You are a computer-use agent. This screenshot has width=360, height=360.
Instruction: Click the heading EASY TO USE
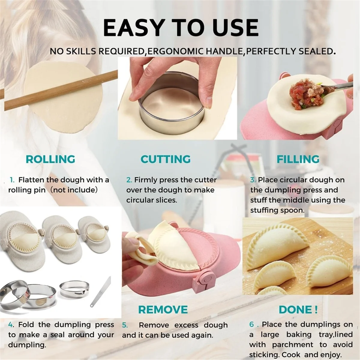pyautogui.click(x=180, y=28)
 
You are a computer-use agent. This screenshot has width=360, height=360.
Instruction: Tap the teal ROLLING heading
pyautogui.click(x=50, y=159)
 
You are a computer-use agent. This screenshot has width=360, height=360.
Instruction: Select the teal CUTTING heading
pyautogui.click(x=166, y=159)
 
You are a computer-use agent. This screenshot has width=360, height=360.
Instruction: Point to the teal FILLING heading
pyautogui.click(x=298, y=159)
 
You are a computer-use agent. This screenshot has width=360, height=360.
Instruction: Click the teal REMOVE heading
pyautogui.click(x=163, y=309)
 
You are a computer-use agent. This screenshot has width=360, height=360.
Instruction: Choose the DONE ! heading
pyautogui.click(x=298, y=309)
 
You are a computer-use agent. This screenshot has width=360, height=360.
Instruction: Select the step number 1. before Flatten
pyautogui.click(x=12, y=180)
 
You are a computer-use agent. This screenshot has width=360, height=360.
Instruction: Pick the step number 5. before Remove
pyautogui.click(x=125, y=325)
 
